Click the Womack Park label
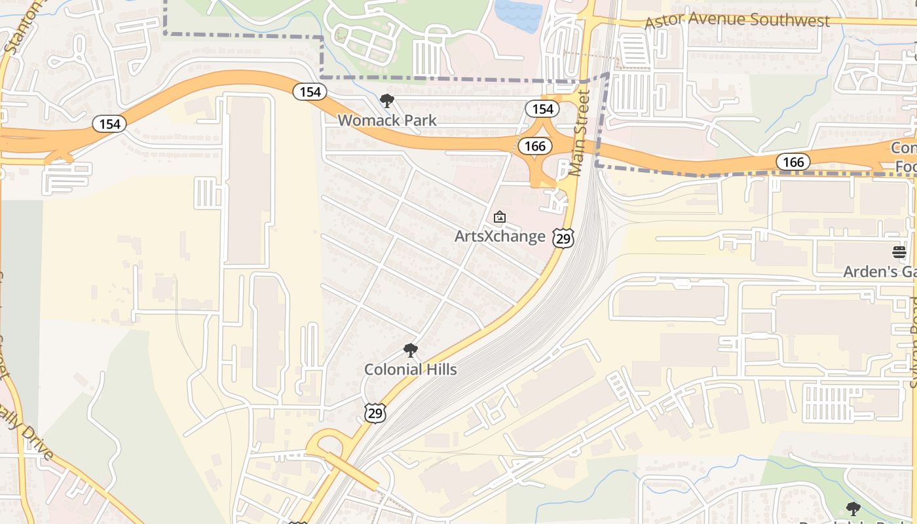click(x=387, y=121)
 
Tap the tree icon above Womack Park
click(x=387, y=101)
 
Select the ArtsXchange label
click(x=500, y=236)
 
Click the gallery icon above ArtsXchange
click(x=500, y=216)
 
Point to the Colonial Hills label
click(x=411, y=369)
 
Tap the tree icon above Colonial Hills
click(x=411, y=350)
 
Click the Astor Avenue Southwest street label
click(x=737, y=20)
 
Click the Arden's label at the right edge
click(x=879, y=271)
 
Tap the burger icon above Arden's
click(x=899, y=252)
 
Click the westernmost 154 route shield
click(x=109, y=123)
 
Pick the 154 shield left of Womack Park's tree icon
click(x=310, y=92)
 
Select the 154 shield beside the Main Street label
click(x=542, y=109)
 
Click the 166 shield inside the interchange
click(x=535, y=146)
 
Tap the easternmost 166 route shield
click(x=793, y=161)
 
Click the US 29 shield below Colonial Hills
click(x=375, y=412)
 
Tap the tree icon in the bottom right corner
click(x=853, y=508)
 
